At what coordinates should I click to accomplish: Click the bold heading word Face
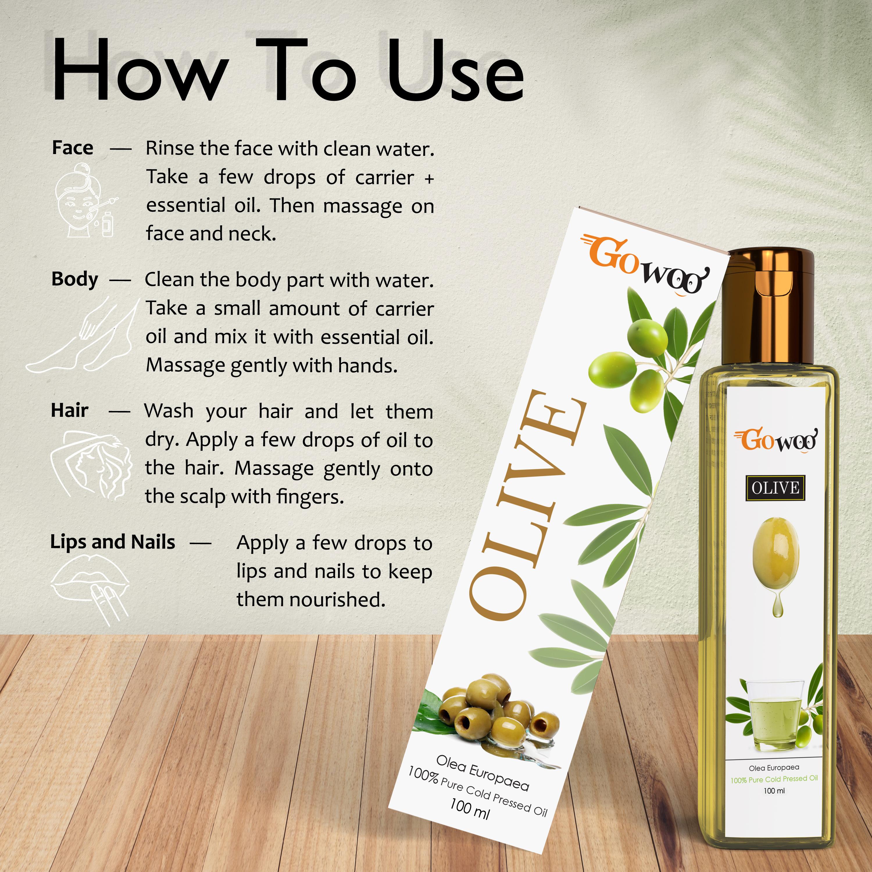(73, 148)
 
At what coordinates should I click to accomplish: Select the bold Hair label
(69, 410)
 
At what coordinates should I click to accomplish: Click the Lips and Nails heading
(112, 542)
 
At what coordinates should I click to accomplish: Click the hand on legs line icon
(81, 334)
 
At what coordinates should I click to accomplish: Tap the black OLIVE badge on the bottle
(775, 488)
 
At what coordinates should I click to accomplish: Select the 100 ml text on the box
(469, 810)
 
